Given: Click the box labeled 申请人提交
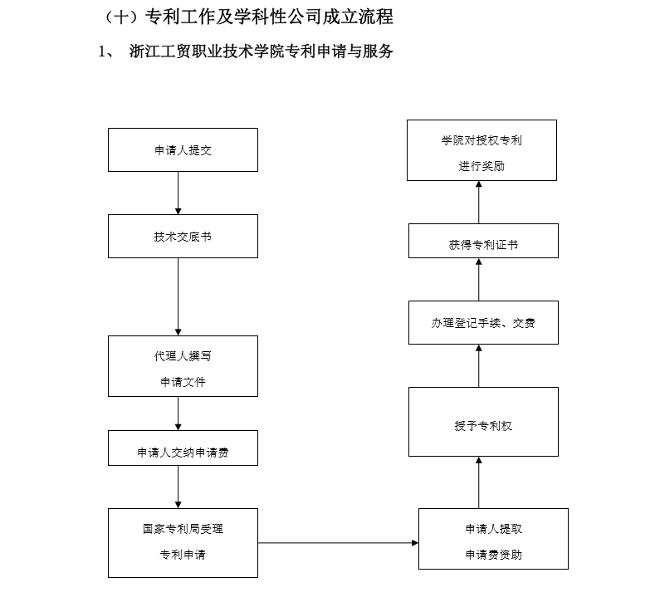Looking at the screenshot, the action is [183, 149].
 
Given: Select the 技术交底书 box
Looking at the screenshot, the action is [183, 236].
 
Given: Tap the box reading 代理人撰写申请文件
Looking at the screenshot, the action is [183, 366].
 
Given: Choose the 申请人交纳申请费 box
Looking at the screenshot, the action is [183, 448].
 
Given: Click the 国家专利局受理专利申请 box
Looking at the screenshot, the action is [183, 543].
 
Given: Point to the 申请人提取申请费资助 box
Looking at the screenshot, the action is [493, 539].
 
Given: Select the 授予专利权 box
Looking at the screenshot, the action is [483, 422].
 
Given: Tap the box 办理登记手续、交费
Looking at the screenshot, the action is [483, 322].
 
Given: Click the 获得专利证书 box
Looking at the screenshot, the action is [483, 241].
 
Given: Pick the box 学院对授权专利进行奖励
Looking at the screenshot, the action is [481, 150].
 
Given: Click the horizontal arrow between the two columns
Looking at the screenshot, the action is [339, 543].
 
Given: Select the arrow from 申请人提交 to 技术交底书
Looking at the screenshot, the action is [178, 193].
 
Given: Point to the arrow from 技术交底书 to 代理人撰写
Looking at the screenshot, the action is [178, 296].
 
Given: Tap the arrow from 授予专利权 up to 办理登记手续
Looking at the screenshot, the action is [479, 366].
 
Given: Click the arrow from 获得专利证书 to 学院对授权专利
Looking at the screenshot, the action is [479, 203].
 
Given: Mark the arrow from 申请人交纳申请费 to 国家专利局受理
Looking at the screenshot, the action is [178, 487].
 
